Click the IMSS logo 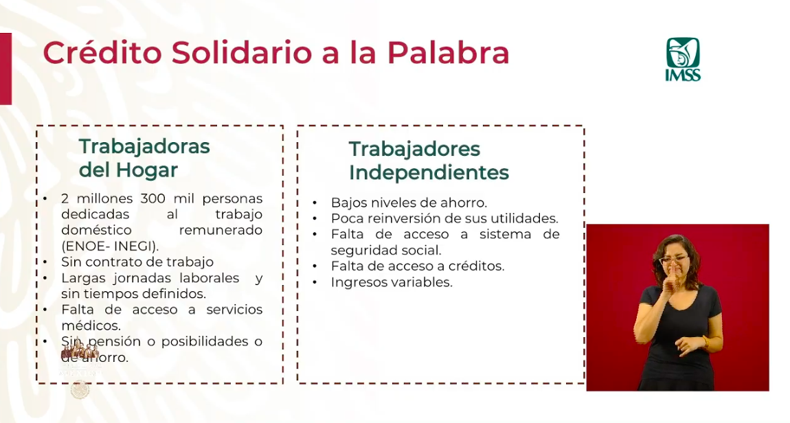pos(683,59)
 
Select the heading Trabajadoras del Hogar pos(144,157)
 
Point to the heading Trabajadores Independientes pos(429,160)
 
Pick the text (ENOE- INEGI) pos(110,246)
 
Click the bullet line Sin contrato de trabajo pos(137,262)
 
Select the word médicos pos(91,325)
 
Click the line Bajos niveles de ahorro pos(409,203)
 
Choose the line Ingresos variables pos(392,282)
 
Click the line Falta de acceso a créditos pos(418,266)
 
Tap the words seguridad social pos(386,251)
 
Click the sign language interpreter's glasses pos(675,260)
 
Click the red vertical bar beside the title pos(5,69)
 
